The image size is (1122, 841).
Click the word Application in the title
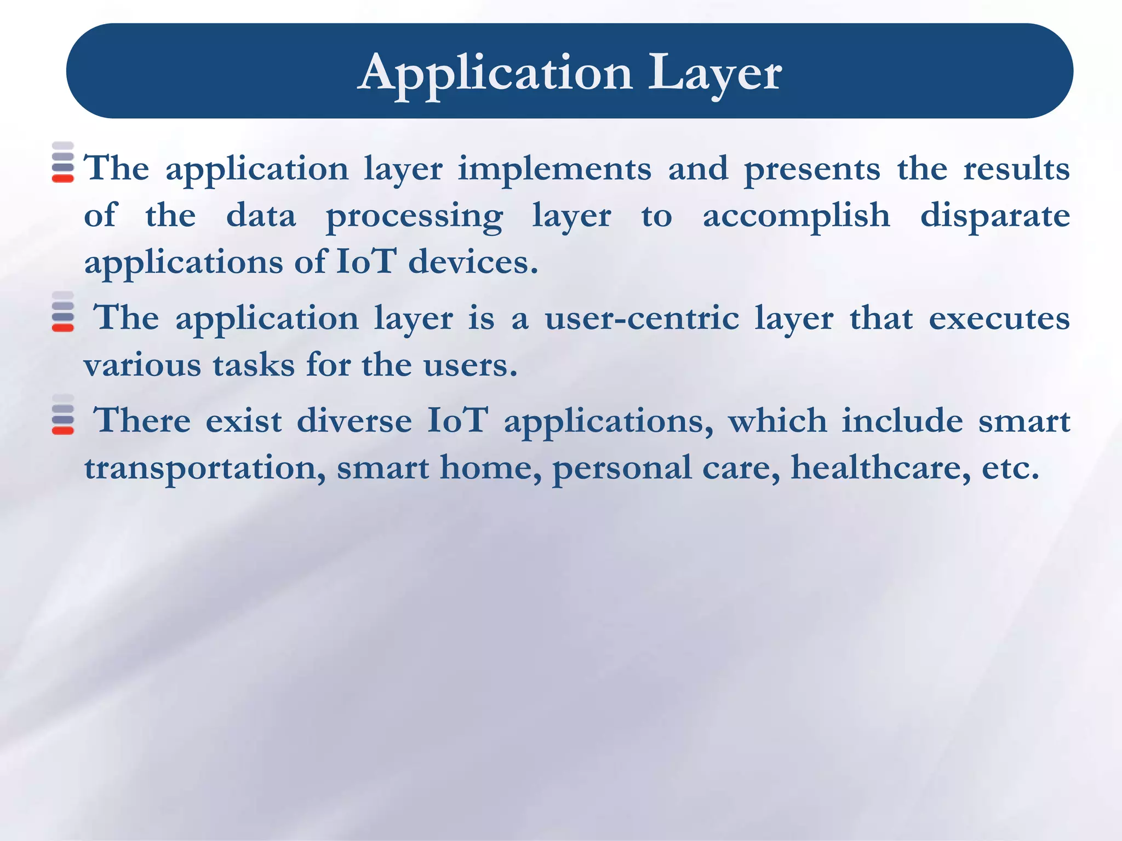(496, 74)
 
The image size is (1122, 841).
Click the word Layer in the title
(715, 74)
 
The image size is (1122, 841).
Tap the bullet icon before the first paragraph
(63, 162)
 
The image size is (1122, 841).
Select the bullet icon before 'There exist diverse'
(63, 414)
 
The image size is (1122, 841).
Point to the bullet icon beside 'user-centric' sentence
(63, 312)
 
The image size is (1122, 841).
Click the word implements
(554, 169)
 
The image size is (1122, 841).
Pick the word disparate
(995, 216)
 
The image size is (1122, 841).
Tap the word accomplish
(796, 216)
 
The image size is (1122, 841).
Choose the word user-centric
(642, 319)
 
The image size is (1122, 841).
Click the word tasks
(254, 365)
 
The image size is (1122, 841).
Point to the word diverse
(354, 421)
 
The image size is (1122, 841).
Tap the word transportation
(205, 468)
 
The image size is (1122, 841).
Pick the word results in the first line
(1016, 169)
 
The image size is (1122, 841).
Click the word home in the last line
(490, 468)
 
